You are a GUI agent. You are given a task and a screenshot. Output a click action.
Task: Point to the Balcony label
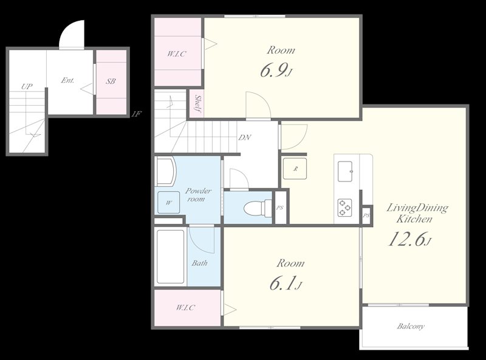pos(411,327)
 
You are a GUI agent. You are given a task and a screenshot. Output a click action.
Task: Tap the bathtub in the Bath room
pos(170,257)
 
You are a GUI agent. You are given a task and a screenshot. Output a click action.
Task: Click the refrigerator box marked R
pos(295,168)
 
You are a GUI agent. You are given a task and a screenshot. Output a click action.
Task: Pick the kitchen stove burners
pos(345,208)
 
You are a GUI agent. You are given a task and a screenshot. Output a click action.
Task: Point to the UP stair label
pos(26,86)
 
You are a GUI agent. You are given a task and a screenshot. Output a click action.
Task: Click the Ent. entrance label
pos(67,80)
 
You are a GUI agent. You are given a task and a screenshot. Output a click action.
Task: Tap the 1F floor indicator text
pos(137,114)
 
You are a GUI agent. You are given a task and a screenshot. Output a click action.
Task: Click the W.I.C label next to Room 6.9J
pos(177,53)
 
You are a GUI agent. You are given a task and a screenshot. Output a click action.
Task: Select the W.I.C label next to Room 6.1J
pos(186,308)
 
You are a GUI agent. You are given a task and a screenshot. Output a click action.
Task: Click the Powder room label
pos(199,195)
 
